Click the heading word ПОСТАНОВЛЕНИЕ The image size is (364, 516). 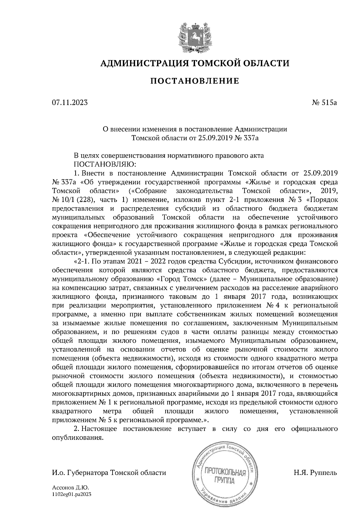pos(195,81)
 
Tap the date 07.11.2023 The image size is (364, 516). pos(70,103)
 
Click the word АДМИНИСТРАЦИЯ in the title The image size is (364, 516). pos(142,63)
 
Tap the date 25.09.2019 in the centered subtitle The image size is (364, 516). pos(216,138)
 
